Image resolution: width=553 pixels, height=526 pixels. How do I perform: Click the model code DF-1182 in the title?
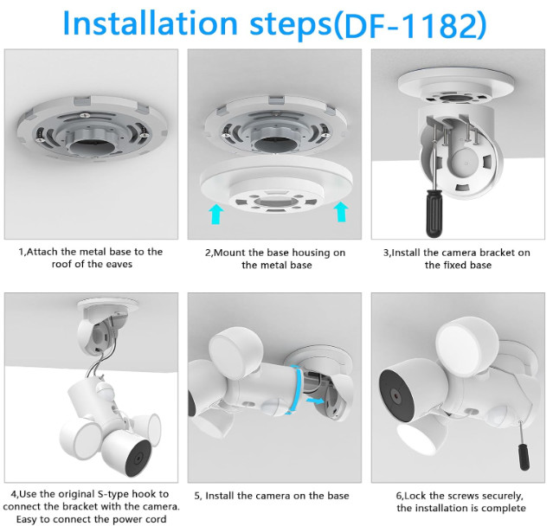(410, 25)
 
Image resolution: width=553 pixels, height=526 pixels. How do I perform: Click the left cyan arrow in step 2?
(215, 215)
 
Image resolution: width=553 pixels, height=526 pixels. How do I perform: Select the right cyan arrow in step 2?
(341, 212)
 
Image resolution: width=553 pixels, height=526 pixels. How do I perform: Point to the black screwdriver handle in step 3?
(434, 213)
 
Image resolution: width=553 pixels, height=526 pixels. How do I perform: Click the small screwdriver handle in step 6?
(524, 457)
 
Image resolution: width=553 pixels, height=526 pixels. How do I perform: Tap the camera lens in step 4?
(138, 459)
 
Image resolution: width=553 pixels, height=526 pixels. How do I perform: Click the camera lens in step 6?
(398, 396)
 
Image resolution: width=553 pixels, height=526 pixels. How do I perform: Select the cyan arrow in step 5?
(314, 401)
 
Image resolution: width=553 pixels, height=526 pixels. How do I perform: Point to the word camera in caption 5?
(273, 496)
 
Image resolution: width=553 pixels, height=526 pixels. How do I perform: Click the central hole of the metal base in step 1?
(91, 146)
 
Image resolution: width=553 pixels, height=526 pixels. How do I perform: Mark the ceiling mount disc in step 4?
(107, 305)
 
